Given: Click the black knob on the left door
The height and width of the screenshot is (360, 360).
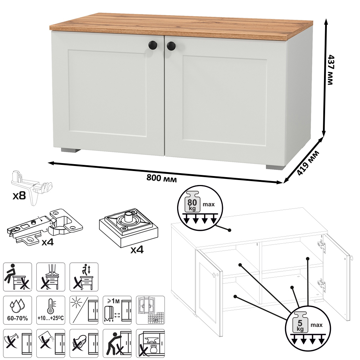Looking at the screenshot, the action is pyautogui.click(x=153, y=45).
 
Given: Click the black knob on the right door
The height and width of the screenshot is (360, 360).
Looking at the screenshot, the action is pyautogui.click(x=171, y=46).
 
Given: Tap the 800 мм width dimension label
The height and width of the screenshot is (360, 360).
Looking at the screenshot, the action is pyautogui.click(x=162, y=178).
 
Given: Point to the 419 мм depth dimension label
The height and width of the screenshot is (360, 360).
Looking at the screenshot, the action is pyautogui.click(x=308, y=163).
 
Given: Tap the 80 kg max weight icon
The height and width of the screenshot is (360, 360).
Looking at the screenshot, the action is pyautogui.click(x=200, y=205).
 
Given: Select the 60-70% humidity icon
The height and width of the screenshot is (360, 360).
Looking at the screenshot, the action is pyautogui.click(x=17, y=310).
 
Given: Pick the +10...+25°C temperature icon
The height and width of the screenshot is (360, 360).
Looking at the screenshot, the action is pyautogui.click(x=51, y=310).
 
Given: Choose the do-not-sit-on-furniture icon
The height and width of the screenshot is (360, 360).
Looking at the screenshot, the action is pyautogui.click(x=17, y=277).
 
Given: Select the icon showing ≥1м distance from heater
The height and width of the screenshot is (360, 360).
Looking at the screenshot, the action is pyautogui.click(x=117, y=310).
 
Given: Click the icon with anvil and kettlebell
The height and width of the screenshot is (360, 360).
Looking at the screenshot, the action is pyautogui.click(x=150, y=343).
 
